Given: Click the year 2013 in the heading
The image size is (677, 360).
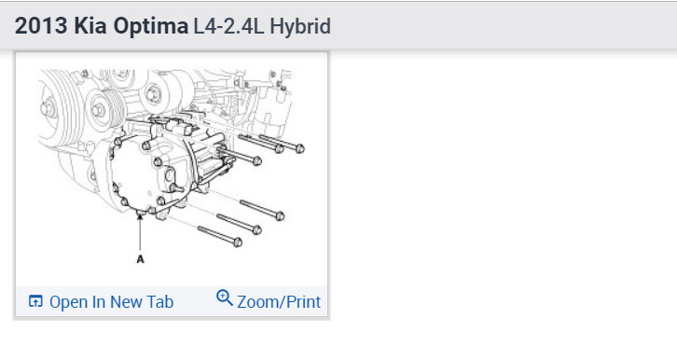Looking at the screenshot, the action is pos(41,26).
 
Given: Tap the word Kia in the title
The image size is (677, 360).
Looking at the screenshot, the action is pos(90,26).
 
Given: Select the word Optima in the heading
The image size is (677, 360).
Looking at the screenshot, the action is pos(151,27).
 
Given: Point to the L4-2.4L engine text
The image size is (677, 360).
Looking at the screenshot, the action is pos(228,26).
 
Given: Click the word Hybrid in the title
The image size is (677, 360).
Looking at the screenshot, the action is pos(300,27).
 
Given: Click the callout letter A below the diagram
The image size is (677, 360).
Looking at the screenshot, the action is pos(140,259).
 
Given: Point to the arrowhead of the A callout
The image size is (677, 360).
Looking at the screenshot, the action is pos(140,215).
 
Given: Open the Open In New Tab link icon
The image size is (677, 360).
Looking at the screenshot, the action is pos(35,301).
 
